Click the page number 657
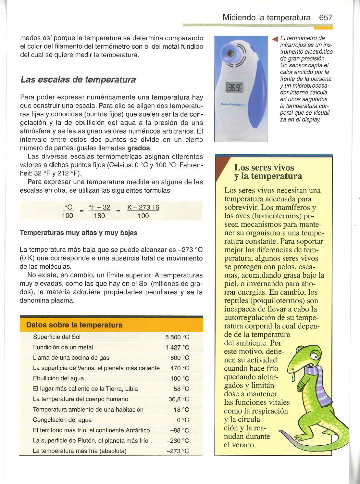click(326, 18)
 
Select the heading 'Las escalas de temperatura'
click(78, 80)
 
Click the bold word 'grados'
click(139, 148)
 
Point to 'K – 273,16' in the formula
click(143, 208)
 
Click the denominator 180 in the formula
click(99, 216)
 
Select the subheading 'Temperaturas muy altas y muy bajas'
click(79, 233)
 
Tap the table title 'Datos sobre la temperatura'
click(74, 325)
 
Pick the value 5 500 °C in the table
click(177, 337)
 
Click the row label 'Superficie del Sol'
click(57, 337)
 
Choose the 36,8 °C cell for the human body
click(179, 399)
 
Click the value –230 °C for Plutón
click(178, 441)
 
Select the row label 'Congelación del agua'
click(62, 420)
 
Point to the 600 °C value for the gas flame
click(180, 358)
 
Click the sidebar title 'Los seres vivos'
click(264, 168)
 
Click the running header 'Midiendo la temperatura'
click(266, 18)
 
